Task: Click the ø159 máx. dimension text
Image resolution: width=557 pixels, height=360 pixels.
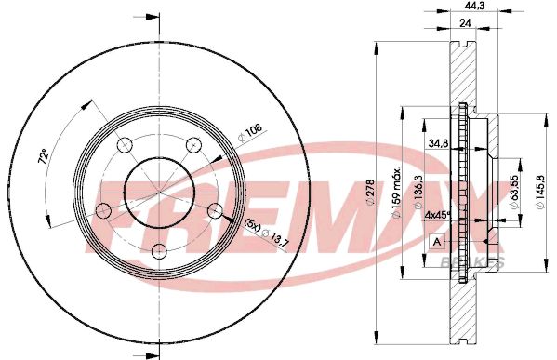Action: [x=394, y=193]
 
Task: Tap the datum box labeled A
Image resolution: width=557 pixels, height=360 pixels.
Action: [x=436, y=242]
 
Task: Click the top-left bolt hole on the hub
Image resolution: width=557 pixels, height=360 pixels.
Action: [x=125, y=144]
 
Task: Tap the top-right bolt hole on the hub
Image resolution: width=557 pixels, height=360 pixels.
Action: [x=193, y=144]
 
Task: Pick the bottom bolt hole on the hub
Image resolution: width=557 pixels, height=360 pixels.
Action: [x=159, y=249]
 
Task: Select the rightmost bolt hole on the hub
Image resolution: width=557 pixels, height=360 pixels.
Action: [x=215, y=209]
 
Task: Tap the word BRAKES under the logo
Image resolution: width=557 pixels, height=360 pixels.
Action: [x=479, y=264]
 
